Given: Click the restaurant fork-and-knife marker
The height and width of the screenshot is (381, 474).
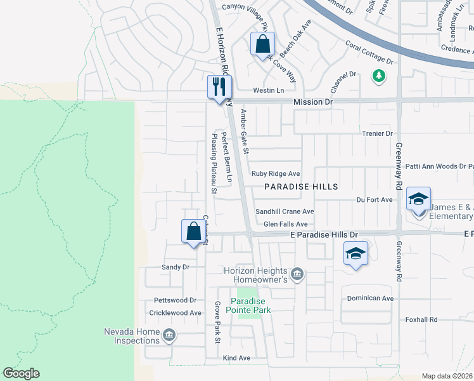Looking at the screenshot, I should pos(220,87).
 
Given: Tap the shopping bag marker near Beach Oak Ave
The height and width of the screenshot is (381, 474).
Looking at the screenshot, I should pos(262,44).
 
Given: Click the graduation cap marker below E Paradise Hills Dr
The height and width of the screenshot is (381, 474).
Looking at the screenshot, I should pos(356,254).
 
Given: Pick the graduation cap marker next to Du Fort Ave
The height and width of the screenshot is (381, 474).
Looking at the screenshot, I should pos(418,199).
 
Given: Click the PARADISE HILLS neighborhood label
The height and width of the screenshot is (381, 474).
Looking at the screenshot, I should pos(301,187).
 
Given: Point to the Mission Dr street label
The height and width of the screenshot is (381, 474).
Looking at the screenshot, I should pos(312,102).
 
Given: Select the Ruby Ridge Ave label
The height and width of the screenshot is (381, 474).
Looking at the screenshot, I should pos(276,173).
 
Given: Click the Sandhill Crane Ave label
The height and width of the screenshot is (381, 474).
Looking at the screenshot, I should pos(285,211).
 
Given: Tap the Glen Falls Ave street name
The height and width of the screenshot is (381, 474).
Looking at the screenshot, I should pos(285,224).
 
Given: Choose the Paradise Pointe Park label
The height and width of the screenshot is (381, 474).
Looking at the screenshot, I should pos(250,305).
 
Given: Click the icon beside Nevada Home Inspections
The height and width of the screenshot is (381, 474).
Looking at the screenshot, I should pos(169,335).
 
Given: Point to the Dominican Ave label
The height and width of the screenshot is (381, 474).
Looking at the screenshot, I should pos(371,298).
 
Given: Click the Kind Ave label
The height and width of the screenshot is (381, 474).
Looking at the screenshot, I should pos(236,358).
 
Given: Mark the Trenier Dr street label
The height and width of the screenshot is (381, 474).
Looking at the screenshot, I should pos(378,133).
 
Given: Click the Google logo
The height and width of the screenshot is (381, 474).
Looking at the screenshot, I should pos(21,373).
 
